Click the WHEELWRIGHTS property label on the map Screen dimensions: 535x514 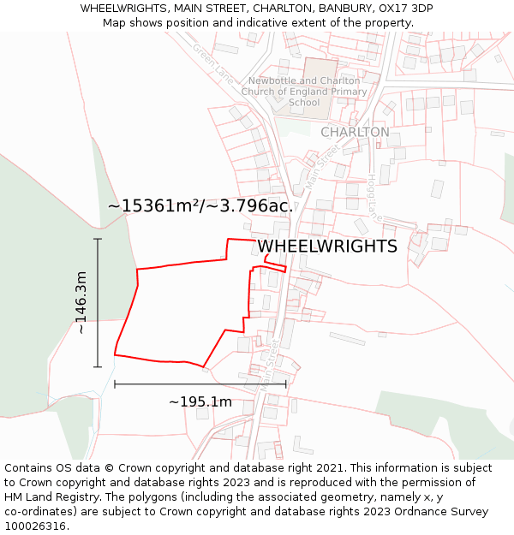pyautogui.click(x=327, y=247)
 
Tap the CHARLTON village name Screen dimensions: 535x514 pyautogui.click(x=355, y=133)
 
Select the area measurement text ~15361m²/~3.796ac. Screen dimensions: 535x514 pyautogui.click(x=200, y=206)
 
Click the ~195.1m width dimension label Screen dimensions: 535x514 pyautogui.click(x=200, y=402)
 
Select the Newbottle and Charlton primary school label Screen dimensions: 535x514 pyautogui.click(x=304, y=92)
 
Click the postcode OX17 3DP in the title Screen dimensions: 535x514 pyautogui.click(x=402, y=9)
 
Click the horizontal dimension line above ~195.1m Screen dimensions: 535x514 pyautogui.click(x=200, y=384)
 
